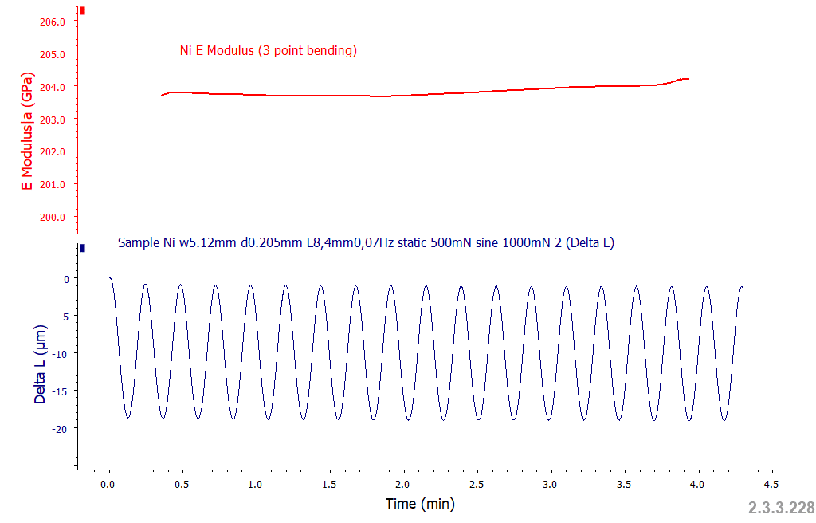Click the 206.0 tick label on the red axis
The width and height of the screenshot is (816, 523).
[52, 22]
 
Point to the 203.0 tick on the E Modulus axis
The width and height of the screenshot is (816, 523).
[52, 120]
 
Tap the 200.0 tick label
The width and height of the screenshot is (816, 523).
[52, 217]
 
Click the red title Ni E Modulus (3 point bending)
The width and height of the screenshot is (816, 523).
[269, 51]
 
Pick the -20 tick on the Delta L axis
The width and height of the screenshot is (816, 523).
[58, 428]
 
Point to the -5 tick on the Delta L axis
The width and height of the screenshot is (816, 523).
[61, 316]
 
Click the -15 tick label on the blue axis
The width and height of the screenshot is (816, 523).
[58, 391]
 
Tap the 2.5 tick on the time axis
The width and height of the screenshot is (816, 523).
[477, 484]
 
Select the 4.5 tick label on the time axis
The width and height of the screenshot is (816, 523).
[771, 484]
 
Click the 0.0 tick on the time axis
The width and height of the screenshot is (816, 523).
[109, 484]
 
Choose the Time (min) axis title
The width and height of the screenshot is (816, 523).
[420, 504]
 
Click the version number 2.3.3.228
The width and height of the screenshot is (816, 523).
[781, 508]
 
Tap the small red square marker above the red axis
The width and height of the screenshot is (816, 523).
[82, 11]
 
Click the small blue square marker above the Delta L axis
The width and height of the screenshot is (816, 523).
[82, 248]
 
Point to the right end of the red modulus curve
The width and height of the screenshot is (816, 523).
[688, 79]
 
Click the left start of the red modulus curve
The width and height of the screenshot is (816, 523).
[162, 95]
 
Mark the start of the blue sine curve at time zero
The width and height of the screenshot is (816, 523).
[110, 278]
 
